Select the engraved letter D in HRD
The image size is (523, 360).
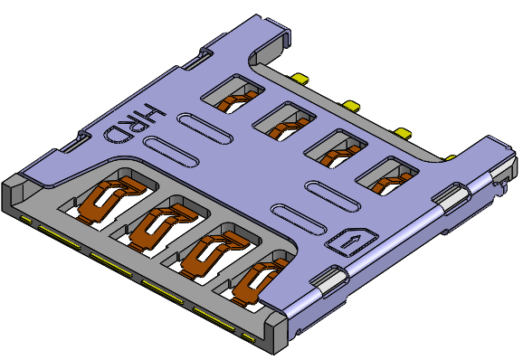click(x=118, y=132)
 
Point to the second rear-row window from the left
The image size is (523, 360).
click(x=285, y=120)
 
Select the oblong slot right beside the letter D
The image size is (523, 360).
click(x=170, y=152)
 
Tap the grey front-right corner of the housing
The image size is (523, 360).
click(x=276, y=335)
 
